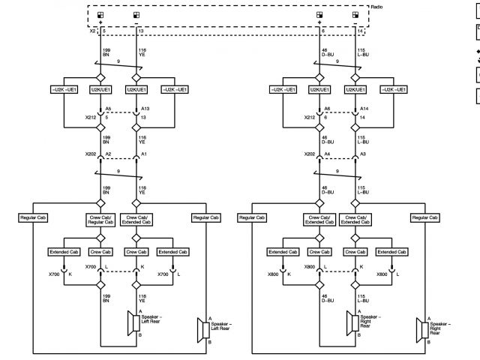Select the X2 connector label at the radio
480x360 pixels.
pos(94,32)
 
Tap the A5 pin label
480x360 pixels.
pos(109,109)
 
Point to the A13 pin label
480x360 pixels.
pos(145,109)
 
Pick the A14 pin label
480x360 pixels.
pos(364,109)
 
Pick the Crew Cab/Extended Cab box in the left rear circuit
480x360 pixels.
pos(137,220)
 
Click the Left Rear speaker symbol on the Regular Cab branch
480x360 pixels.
pos(202,329)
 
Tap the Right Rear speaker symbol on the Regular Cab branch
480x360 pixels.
pos(420,329)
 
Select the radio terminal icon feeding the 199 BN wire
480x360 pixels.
pos(100,15)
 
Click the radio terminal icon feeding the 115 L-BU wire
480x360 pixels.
pos(355,15)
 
